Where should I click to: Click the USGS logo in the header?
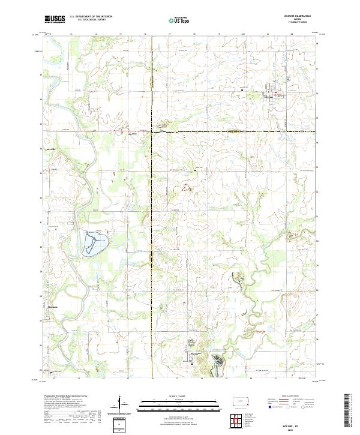click(55, 19)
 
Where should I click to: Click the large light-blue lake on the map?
click(95, 242)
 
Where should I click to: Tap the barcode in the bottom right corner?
click(350, 414)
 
